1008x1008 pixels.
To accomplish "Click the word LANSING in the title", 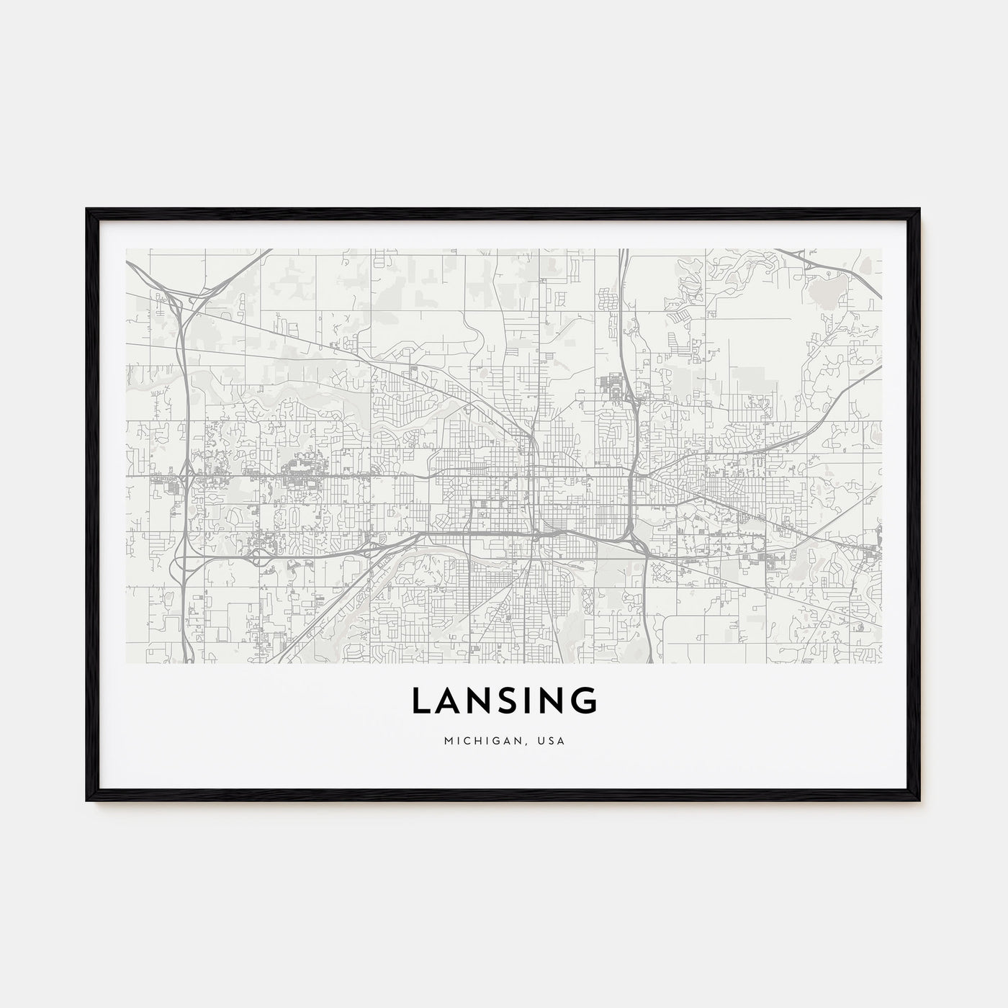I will coord(504,701).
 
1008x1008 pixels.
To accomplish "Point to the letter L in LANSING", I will coord(420,701).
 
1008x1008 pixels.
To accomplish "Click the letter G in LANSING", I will coord(585,701).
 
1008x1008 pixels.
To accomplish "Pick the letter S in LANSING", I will coord(506,701).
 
